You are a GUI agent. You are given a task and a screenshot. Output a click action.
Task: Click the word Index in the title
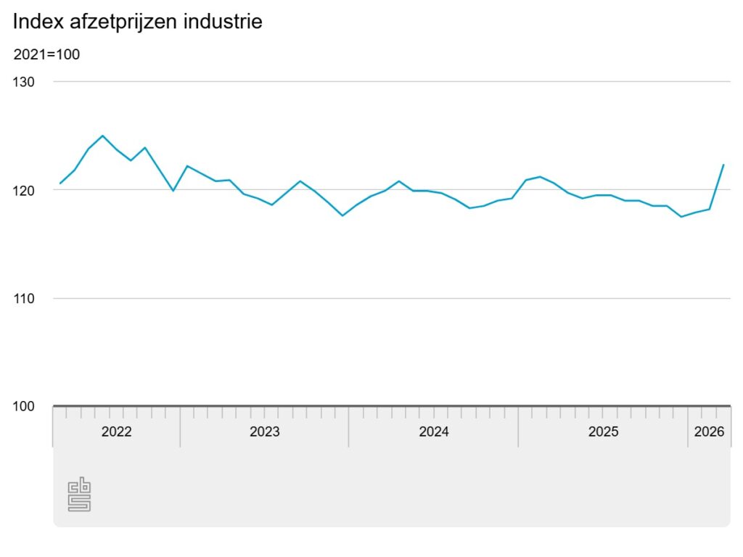point(38,22)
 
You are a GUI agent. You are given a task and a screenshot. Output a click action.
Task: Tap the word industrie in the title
point(223,22)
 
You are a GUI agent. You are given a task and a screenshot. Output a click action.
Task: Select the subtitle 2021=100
point(46,54)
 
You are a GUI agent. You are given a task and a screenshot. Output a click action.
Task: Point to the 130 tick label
point(23,82)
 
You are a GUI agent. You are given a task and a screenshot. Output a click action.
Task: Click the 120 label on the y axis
point(23,191)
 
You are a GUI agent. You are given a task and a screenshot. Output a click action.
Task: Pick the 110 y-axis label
point(23,298)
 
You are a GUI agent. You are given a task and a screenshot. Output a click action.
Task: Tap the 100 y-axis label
point(23,406)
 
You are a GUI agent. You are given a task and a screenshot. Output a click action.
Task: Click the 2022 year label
point(117,432)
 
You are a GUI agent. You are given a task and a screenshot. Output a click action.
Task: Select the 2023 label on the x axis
point(264,432)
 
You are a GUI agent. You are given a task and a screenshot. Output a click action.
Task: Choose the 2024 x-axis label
point(434,432)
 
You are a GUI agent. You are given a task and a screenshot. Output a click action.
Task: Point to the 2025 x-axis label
point(603,432)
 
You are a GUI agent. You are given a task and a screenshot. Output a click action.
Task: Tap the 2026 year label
point(709,432)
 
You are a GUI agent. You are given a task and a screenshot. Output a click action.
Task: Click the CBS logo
point(79,494)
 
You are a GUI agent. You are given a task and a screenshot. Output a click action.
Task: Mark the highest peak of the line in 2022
point(103,136)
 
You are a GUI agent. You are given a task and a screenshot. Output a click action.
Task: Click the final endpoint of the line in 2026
point(723,165)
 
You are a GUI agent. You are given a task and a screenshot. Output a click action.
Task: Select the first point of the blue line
point(60,183)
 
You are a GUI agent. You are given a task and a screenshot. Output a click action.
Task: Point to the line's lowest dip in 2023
point(342,215)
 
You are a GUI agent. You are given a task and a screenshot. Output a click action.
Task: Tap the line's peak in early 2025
point(540,177)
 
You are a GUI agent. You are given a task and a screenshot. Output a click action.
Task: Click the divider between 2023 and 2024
point(349,426)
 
